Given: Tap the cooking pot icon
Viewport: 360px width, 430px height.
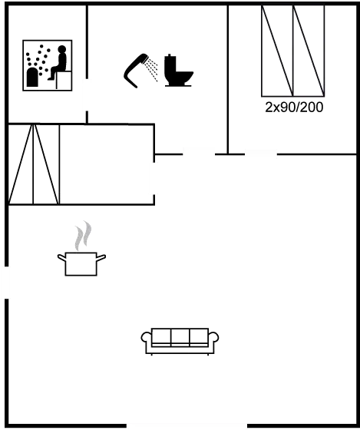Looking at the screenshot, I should tap(81, 262).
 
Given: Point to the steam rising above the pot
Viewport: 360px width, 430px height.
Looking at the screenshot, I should tap(82, 235).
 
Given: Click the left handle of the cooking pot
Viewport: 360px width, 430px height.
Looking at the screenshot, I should tap(61, 256).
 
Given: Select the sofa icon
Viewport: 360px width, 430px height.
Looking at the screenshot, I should tap(180, 339).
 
